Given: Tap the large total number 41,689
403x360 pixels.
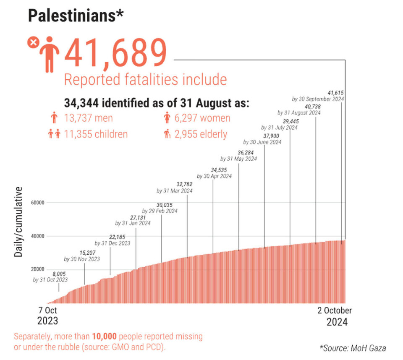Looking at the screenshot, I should tap(115, 53).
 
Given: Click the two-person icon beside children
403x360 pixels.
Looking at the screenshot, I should tap(54, 134).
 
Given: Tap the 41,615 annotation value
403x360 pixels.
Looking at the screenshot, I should tap(336, 92).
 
